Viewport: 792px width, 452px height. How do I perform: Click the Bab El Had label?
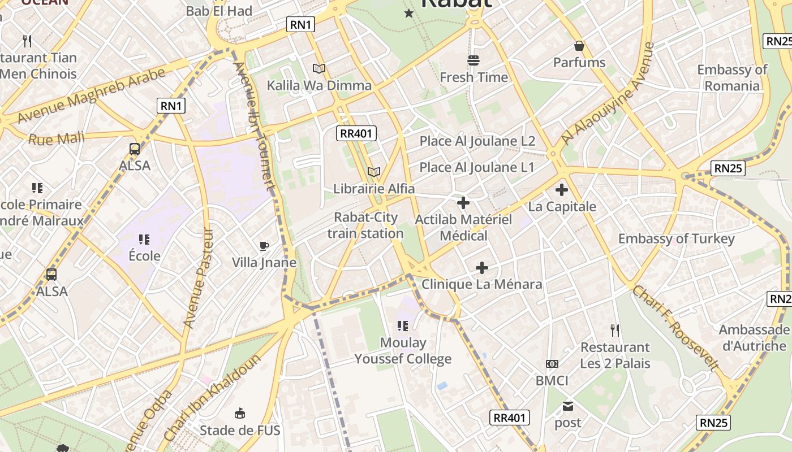(x=219, y=10)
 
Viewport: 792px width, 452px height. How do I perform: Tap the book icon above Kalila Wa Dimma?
(x=319, y=68)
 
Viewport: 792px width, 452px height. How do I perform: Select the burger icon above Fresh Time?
(x=473, y=59)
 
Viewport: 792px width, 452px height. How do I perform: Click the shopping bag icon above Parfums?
(x=579, y=46)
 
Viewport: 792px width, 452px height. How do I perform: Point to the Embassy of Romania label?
(x=731, y=78)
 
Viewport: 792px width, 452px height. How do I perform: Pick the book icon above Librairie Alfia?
(x=373, y=172)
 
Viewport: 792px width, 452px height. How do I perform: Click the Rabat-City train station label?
(x=365, y=225)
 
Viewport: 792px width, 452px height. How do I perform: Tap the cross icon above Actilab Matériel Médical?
(x=463, y=202)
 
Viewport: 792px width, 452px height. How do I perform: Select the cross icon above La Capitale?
(x=561, y=190)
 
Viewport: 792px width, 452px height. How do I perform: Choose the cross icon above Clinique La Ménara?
(x=481, y=267)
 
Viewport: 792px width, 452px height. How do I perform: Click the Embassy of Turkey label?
(x=676, y=238)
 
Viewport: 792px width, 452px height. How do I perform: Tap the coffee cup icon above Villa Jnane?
(x=264, y=246)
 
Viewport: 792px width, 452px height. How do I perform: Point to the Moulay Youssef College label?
(x=403, y=350)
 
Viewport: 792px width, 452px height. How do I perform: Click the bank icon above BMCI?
(x=552, y=364)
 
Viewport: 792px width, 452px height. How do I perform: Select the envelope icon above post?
(x=567, y=406)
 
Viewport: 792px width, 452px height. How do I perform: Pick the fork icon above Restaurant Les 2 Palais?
(x=615, y=330)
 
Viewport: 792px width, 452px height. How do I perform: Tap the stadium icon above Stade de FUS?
(x=240, y=413)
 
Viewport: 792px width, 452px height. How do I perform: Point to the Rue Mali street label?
(x=56, y=138)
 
